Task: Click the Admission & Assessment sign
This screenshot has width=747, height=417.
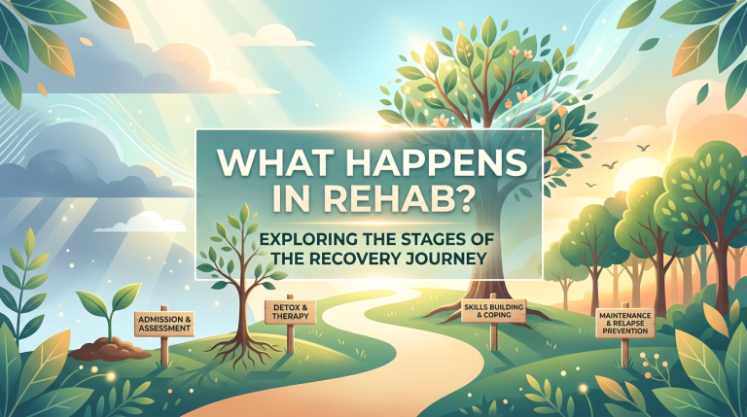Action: pyautogui.click(x=163, y=324)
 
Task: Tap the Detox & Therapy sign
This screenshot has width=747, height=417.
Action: pyautogui.click(x=287, y=312)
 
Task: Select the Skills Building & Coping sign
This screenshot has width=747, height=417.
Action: pyautogui.click(x=493, y=311)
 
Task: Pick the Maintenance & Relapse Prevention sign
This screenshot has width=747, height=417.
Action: pyautogui.click(x=624, y=323)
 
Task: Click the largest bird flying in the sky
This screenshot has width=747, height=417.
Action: pyautogui.click(x=644, y=148)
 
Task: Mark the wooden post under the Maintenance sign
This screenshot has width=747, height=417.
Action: pyautogui.click(x=624, y=349)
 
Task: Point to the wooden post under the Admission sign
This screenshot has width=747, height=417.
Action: pyautogui.click(x=164, y=351)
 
